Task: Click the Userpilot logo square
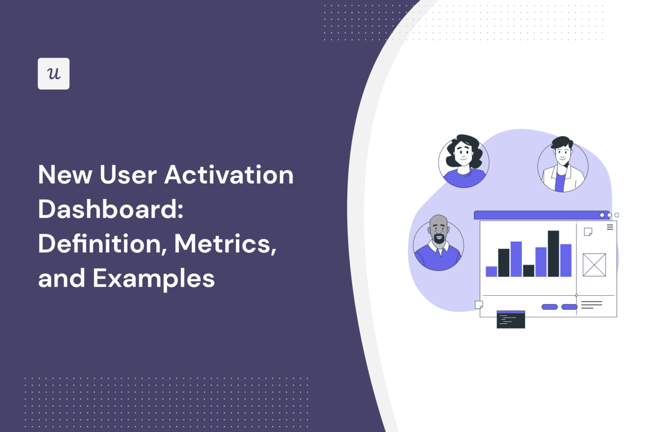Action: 53,74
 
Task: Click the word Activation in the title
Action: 229,175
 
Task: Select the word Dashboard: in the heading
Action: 110,209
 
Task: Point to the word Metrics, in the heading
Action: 225,244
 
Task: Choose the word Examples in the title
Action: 153,278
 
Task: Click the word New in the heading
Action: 65,175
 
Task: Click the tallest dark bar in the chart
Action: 553,254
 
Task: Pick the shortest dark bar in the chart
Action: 529,270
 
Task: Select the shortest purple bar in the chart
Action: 491,271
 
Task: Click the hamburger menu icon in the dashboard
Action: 610,227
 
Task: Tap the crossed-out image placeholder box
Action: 594,265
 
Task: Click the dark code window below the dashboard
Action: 510,319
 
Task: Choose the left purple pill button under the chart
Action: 549,307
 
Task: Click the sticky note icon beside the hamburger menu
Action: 588,232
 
